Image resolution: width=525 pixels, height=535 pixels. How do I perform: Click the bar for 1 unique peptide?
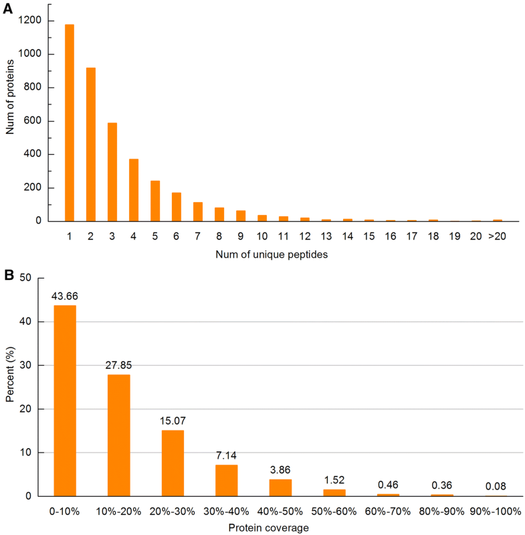(70, 123)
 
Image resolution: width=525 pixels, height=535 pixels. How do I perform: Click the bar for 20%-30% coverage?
(173, 463)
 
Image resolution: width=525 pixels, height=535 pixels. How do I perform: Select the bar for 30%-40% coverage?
(227, 480)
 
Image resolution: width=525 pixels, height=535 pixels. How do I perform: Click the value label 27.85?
(118, 366)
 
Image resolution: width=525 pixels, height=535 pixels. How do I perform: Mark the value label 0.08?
(496, 487)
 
